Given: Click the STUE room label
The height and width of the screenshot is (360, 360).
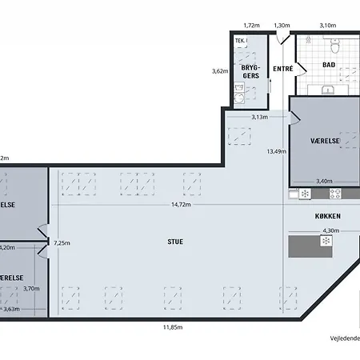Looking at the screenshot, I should pyautogui.click(x=174, y=241).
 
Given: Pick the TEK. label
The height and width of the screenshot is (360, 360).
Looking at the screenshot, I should pyautogui.click(x=239, y=40).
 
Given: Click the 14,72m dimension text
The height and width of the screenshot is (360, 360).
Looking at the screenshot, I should pyautogui.click(x=181, y=205).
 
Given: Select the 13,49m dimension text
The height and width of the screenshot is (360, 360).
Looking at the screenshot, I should pyautogui.click(x=276, y=150).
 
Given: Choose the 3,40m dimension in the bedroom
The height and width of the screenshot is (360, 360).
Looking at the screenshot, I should pyautogui.click(x=324, y=181).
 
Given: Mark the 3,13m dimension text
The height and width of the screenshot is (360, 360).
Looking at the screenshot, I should pyautogui.click(x=259, y=117).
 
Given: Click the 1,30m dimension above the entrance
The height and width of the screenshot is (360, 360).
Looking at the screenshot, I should pyautogui.click(x=282, y=26).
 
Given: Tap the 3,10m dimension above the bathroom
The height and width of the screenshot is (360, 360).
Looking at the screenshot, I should pyautogui.click(x=327, y=26).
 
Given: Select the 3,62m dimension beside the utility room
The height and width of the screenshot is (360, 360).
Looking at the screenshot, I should pyautogui.click(x=219, y=70).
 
